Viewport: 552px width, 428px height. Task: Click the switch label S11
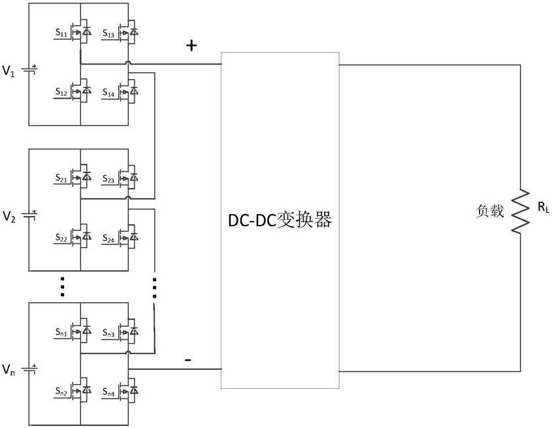pyautogui.click(x=61, y=33)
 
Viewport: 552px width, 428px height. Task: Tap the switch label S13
pyautogui.click(x=108, y=33)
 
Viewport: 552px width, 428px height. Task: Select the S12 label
pyautogui.click(x=61, y=92)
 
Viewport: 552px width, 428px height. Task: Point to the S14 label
pyautogui.click(x=108, y=93)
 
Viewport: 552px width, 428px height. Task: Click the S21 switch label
pyautogui.click(x=61, y=178)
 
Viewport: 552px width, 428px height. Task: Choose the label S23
pyautogui.click(x=108, y=179)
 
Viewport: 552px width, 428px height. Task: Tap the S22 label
pyautogui.click(x=61, y=237)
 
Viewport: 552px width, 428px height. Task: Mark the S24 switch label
pyautogui.click(x=108, y=238)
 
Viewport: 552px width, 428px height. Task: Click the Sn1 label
pyautogui.click(x=61, y=331)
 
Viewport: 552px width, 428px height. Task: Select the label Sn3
pyautogui.click(x=108, y=332)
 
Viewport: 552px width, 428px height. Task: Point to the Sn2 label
pyautogui.click(x=61, y=391)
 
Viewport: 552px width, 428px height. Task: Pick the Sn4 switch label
pyautogui.click(x=108, y=391)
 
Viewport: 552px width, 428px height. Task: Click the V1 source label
pyautogui.click(x=8, y=71)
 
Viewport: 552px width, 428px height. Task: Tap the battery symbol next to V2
pyautogui.click(x=29, y=215)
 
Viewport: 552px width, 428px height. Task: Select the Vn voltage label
pyautogui.click(x=8, y=370)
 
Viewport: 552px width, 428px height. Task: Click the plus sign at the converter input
pyautogui.click(x=191, y=46)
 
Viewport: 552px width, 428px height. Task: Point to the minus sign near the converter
pyautogui.click(x=188, y=359)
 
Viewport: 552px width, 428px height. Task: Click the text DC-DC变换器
pyautogui.click(x=280, y=220)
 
